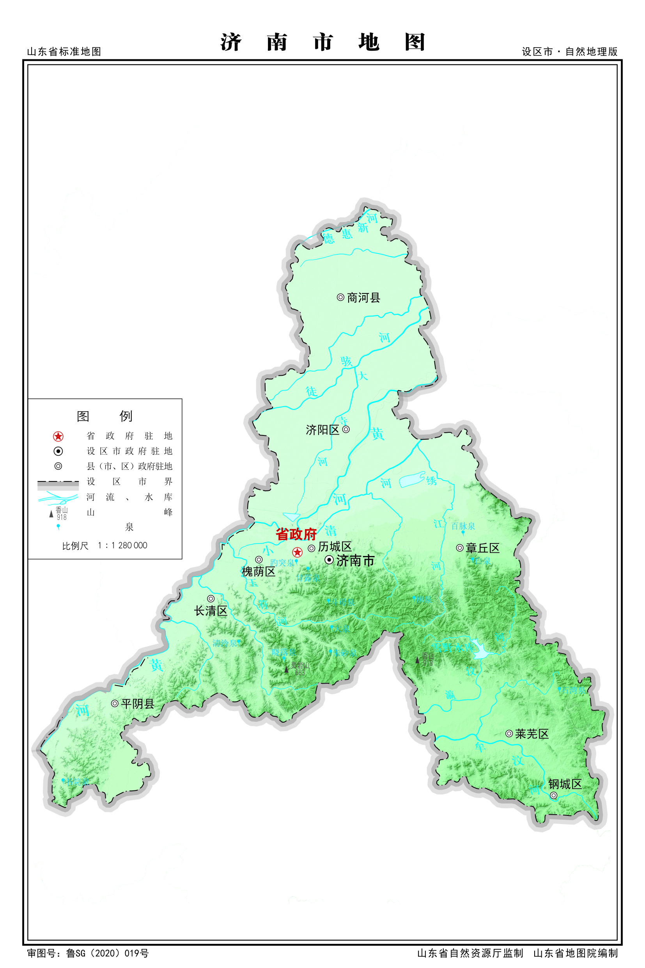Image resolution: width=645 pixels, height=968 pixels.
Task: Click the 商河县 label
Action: tap(363, 298)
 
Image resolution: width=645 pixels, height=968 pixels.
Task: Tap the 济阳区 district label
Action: tap(322, 430)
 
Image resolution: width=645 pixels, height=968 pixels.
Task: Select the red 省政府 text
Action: tap(296, 534)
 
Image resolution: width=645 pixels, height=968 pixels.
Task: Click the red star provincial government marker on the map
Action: tap(298, 552)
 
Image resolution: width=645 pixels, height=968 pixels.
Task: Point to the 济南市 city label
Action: tap(355, 561)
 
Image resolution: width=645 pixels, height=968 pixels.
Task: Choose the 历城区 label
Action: tap(335, 547)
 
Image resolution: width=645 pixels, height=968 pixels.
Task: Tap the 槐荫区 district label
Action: tap(258, 572)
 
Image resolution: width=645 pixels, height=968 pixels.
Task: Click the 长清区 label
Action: tap(211, 611)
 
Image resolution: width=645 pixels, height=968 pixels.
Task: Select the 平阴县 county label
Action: tap(137, 704)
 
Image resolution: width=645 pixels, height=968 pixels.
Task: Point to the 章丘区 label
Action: tap(482, 548)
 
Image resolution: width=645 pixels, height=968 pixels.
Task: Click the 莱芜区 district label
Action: tap(532, 734)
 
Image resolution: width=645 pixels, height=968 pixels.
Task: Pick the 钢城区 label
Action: tap(565, 784)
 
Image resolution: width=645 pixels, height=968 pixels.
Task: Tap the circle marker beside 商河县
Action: tap(340, 297)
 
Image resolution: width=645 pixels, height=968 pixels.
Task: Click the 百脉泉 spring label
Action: tap(463, 526)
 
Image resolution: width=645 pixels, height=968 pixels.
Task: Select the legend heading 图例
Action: tap(105, 416)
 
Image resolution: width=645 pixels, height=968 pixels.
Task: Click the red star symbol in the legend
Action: tap(58, 436)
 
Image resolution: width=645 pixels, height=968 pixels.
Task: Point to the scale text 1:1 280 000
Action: tap(122, 545)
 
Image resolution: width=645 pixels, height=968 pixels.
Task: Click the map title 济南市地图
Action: tap(322, 43)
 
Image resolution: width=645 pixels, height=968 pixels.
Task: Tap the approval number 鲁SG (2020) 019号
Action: tap(107, 953)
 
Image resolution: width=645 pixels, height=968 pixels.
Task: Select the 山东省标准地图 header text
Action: tap(64, 52)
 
